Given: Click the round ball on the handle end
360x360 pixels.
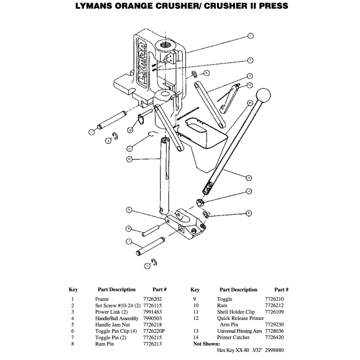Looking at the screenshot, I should (264, 95).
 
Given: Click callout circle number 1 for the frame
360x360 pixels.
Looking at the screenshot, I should (250, 36).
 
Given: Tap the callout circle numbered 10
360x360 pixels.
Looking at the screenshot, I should (129, 159).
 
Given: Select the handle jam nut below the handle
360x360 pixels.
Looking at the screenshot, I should (200, 201).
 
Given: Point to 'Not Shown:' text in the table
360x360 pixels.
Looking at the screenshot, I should (206, 344).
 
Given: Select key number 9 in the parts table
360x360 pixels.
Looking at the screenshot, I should (194, 299).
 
